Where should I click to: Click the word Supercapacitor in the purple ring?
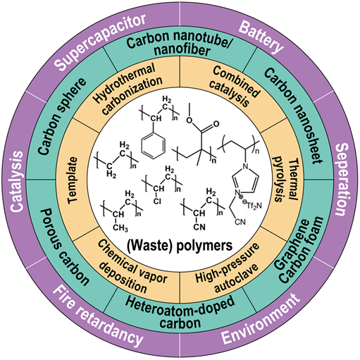coord(101,42)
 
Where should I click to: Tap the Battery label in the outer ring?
coord(261,37)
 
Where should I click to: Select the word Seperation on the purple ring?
coord(342,180)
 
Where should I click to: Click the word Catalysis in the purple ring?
coord(17,182)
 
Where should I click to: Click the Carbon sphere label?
coord(61,116)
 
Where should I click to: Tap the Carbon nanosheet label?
coord(293,116)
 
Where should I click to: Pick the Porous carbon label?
coord(66,247)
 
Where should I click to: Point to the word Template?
coord(73,180)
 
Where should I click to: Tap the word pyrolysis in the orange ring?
coord(279,180)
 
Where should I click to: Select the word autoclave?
coord(237,279)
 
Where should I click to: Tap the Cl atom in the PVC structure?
coord(157,201)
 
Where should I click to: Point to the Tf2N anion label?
coord(253,206)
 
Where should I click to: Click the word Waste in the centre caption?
coord(149,246)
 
